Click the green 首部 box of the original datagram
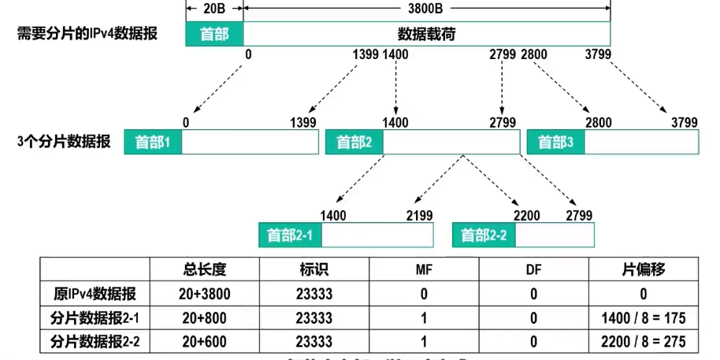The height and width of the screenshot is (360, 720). (x=214, y=34)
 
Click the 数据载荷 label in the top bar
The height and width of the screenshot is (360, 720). (x=427, y=34)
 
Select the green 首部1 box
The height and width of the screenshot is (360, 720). (x=153, y=143)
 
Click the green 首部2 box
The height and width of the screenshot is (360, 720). (x=354, y=143)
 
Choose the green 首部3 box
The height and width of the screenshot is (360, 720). (x=555, y=143)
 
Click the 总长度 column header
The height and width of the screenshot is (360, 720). (x=204, y=270)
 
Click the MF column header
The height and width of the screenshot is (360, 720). (x=424, y=270)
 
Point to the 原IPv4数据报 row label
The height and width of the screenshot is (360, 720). (x=95, y=295)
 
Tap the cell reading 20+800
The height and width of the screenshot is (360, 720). (x=204, y=318)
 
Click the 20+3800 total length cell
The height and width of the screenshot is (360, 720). (x=204, y=295)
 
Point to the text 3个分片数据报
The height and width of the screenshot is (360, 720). (x=63, y=143)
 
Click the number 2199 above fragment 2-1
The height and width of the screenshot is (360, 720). (x=419, y=215)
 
